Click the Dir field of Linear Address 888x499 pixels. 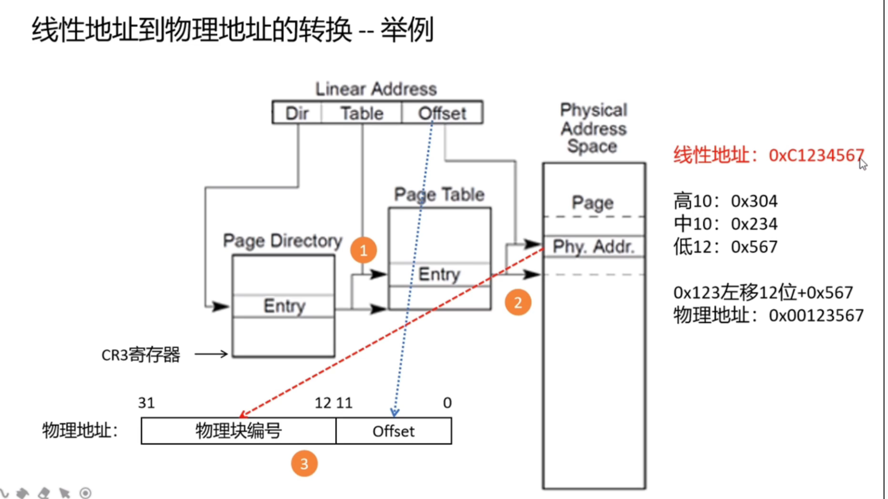[x=297, y=113]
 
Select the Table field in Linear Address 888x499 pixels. [x=362, y=113]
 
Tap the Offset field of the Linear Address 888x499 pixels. [x=442, y=113]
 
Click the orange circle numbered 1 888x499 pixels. [x=363, y=250]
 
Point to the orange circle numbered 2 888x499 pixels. [x=517, y=302]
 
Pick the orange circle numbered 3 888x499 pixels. [x=304, y=463]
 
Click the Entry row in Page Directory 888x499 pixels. [x=283, y=306]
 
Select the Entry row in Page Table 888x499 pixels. [x=439, y=274]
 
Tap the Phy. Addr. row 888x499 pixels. [x=594, y=246]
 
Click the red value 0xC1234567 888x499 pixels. [x=816, y=155]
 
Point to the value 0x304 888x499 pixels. [x=754, y=201]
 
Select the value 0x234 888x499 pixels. [x=754, y=224]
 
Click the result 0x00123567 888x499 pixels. [x=816, y=316]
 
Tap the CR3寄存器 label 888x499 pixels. [x=140, y=355]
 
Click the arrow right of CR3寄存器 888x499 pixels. [x=211, y=354]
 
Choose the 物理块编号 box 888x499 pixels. [x=238, y=431]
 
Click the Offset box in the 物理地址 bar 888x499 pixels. [x=393, y=431]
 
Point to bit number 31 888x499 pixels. [x=146, y=403]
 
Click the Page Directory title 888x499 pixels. [x=282, y=241]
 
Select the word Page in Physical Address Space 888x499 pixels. [x=593, y=202]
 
